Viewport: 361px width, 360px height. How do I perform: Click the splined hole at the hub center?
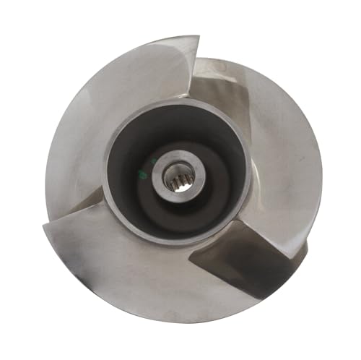click(x=175, y=176)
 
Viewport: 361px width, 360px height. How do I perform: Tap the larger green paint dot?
click(x=143, y=174)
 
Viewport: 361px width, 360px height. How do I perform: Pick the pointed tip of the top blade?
click(x=196, y=38)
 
